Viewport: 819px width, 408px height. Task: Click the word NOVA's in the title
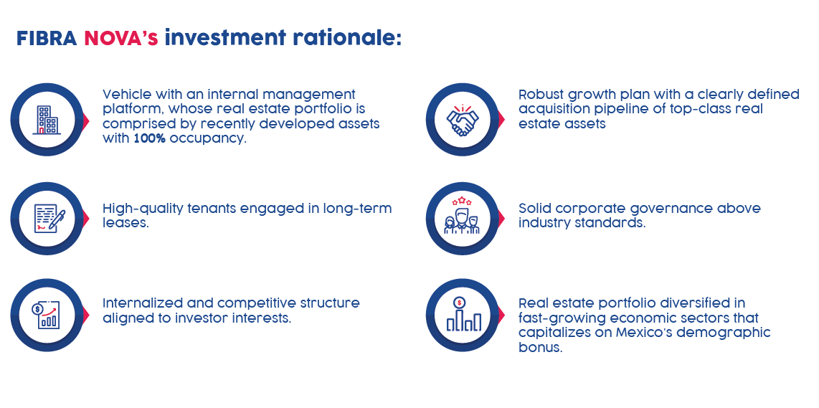pyautogui.click(x=121, y=38)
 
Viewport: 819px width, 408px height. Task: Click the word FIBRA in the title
pyautogui.click(x=47, y=38)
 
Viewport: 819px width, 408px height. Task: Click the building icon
pyautogui.click(x=46, y=120)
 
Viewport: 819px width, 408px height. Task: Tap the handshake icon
pyautogui.click(x=463, y=120)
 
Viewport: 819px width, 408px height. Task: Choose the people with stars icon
pyautogui.click(x=462, y=216)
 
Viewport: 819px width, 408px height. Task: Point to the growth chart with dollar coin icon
pyautogui.click(x=46, y=316)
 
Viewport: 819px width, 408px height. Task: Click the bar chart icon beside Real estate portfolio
pyautogui.click(x=463, y=315)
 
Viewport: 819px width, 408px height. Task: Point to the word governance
pyautogui.click(x=670, y=209)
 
